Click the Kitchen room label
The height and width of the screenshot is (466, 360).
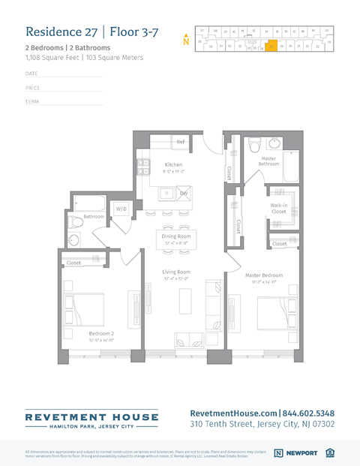[173, 164]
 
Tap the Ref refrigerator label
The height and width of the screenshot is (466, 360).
[181, 141]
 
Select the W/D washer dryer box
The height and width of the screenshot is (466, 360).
[121, 208]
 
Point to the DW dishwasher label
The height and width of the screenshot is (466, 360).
[182, 193]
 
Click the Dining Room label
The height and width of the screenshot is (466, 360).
[174, 236]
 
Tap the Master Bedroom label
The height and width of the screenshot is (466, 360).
[264, 275]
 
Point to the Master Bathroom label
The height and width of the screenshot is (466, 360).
[268, 161]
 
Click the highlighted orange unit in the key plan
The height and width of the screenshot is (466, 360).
[271, 45]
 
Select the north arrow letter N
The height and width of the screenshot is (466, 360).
[186, 41]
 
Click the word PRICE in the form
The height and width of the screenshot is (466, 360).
[32, 88]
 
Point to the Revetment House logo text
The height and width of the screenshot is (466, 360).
[91, 416]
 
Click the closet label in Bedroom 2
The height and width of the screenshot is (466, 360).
[73, 263]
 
